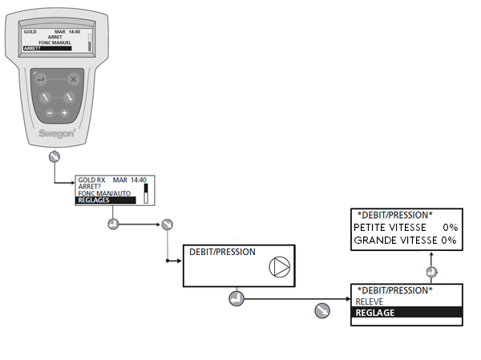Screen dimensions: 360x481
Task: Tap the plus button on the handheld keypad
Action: click(65, 114)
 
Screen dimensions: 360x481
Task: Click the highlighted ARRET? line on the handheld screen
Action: click(46, 48)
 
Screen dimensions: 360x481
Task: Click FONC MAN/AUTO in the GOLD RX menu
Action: click(104, 193)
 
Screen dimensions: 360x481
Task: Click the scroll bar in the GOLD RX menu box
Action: click(147, 192)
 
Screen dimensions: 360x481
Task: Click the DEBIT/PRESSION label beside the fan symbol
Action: click(222, 252)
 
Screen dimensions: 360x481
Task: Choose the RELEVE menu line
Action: click(371, 301)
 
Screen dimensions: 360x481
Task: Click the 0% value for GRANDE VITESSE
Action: click(449, 240)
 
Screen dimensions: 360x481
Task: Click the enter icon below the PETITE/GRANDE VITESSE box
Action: click(430, 271)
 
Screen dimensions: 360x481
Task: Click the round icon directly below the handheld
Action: click(54, 156)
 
